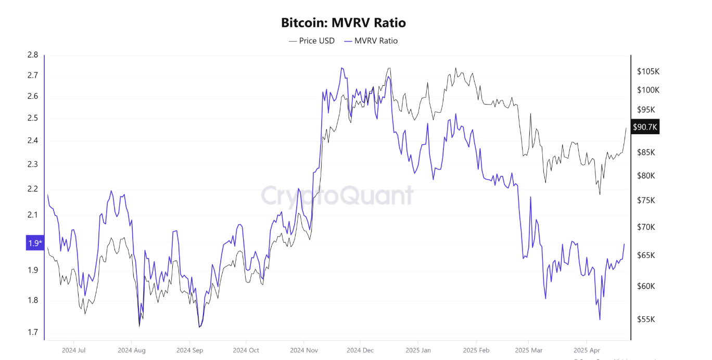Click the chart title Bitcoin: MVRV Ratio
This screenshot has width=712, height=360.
343,23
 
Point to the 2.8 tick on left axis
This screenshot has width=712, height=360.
32,55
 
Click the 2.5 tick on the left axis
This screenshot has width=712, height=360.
32,118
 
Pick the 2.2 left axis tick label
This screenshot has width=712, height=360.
32,189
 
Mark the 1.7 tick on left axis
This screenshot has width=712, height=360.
32,332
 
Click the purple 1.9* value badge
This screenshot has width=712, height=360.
35,243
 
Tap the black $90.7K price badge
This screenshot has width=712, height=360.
645,127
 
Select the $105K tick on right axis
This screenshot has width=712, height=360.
648,71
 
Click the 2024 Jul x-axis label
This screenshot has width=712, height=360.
73,350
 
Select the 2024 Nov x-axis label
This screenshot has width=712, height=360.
304,350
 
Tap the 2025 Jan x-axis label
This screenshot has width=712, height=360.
418,350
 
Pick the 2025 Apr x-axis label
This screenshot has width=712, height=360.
587,350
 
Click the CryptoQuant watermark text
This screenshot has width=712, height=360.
337,196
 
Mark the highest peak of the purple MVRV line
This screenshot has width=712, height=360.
342,68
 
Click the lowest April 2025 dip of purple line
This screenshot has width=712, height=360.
600,319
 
